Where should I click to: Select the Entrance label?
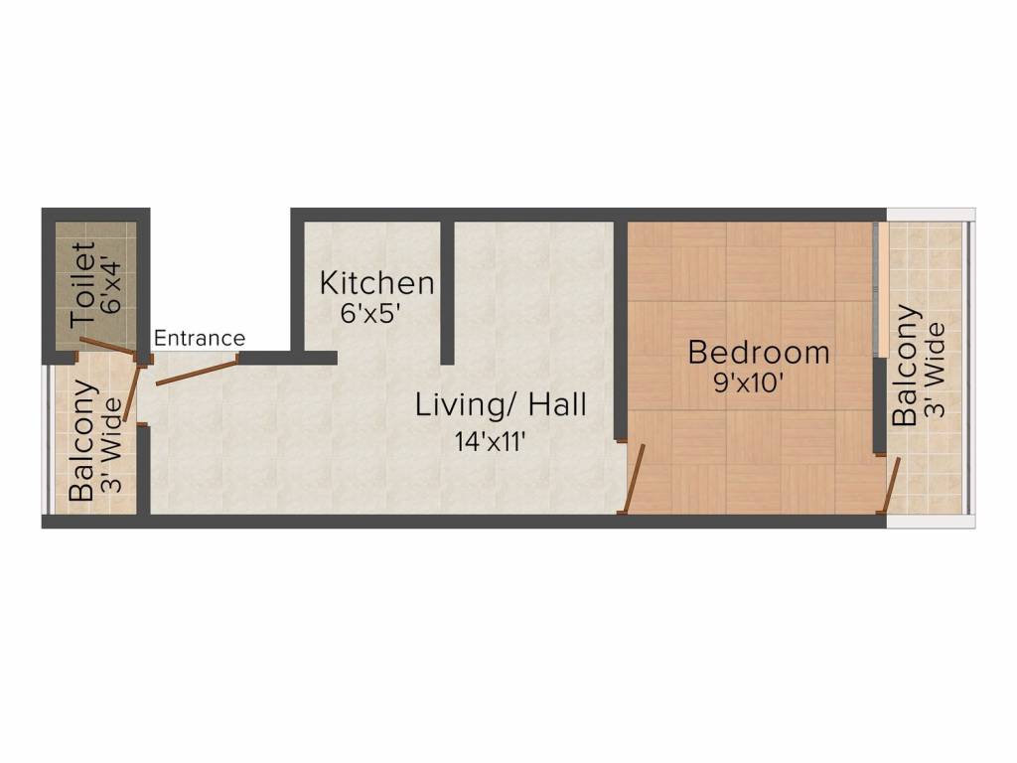tap(199, 339)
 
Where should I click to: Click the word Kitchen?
tap(376, 283)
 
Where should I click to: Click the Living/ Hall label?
tap(501, 405)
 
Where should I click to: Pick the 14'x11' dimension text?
tap(490, 442)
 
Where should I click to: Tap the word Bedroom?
tap(759, 353)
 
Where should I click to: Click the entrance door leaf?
tap(194, 371)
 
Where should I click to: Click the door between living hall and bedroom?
tap(633, 479)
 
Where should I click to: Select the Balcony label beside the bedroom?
tap(905, 367)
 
